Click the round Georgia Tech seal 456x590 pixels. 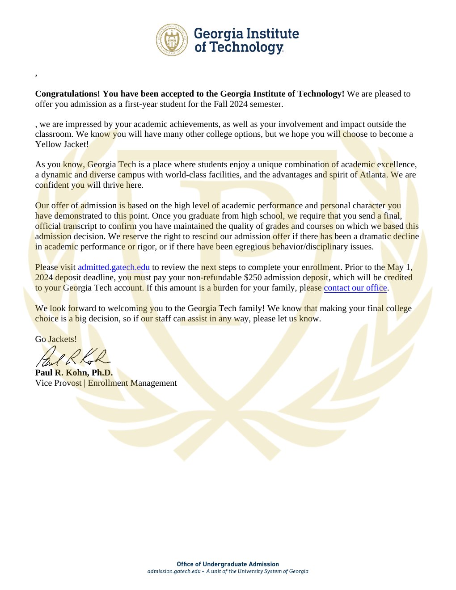(x=172, y=40)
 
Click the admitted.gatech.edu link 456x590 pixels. (x=114, y=267)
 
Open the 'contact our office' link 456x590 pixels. (x=355, y=288)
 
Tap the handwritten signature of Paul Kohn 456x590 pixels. (x=72, y=357)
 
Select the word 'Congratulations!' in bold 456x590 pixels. (x=68, y=94)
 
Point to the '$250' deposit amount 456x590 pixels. (x=253, y=278)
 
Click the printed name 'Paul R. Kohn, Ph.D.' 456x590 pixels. (x=74, y=373)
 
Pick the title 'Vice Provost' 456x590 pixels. (x=58, y=383)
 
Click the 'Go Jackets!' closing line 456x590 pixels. (x=56, y=339)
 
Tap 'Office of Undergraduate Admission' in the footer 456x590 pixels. (x=228, y=564)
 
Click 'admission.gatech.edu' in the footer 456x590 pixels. (x=174, y=571)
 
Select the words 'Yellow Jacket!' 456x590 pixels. (x=62, y=144)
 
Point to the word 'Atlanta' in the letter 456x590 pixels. (x=373, y=175)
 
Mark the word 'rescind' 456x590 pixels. (x=205, y=236)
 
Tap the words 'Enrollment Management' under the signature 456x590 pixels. (x=132, y=383)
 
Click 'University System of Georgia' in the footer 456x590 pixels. (x=273, y=571)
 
